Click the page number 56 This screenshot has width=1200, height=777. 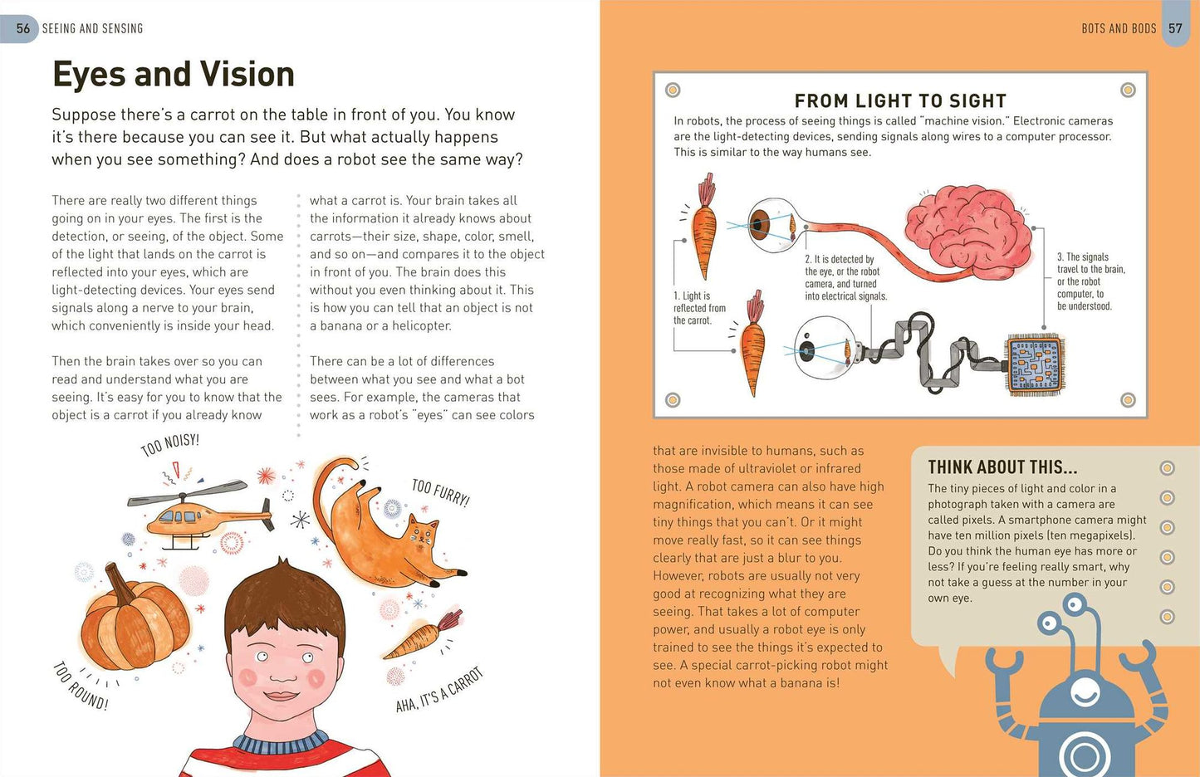(23, 28)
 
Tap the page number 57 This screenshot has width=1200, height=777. (1175, 28)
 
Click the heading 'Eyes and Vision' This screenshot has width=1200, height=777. (174, 75)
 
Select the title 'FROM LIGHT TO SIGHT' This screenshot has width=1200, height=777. (900, 100)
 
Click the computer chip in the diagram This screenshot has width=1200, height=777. (1035, 365)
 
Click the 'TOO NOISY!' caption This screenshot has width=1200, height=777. (169, 445)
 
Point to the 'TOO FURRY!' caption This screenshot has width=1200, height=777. (440, 493)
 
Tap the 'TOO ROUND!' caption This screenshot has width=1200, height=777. (81, 686)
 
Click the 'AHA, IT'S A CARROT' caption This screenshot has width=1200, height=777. (439, 690)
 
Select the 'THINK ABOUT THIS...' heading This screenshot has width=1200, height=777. (1002, 467)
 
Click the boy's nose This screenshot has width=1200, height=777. (283, 671)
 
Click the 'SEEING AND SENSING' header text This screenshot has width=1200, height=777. (93, 28)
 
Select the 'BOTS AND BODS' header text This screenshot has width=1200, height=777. (1119, 28)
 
